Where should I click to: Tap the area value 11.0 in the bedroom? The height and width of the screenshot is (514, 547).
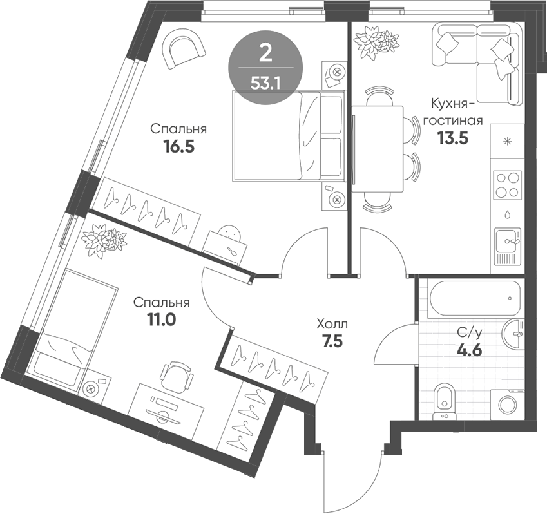pos(162,318)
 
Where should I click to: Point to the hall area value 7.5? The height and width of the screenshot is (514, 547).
pos(332,341)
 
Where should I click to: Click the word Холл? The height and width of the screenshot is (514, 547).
pos(332,324)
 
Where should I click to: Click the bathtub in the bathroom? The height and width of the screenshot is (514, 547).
pos(475,298)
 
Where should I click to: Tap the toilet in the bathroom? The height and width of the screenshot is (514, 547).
pos(443,400)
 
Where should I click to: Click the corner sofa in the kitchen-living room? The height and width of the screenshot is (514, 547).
pos(477,55)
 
